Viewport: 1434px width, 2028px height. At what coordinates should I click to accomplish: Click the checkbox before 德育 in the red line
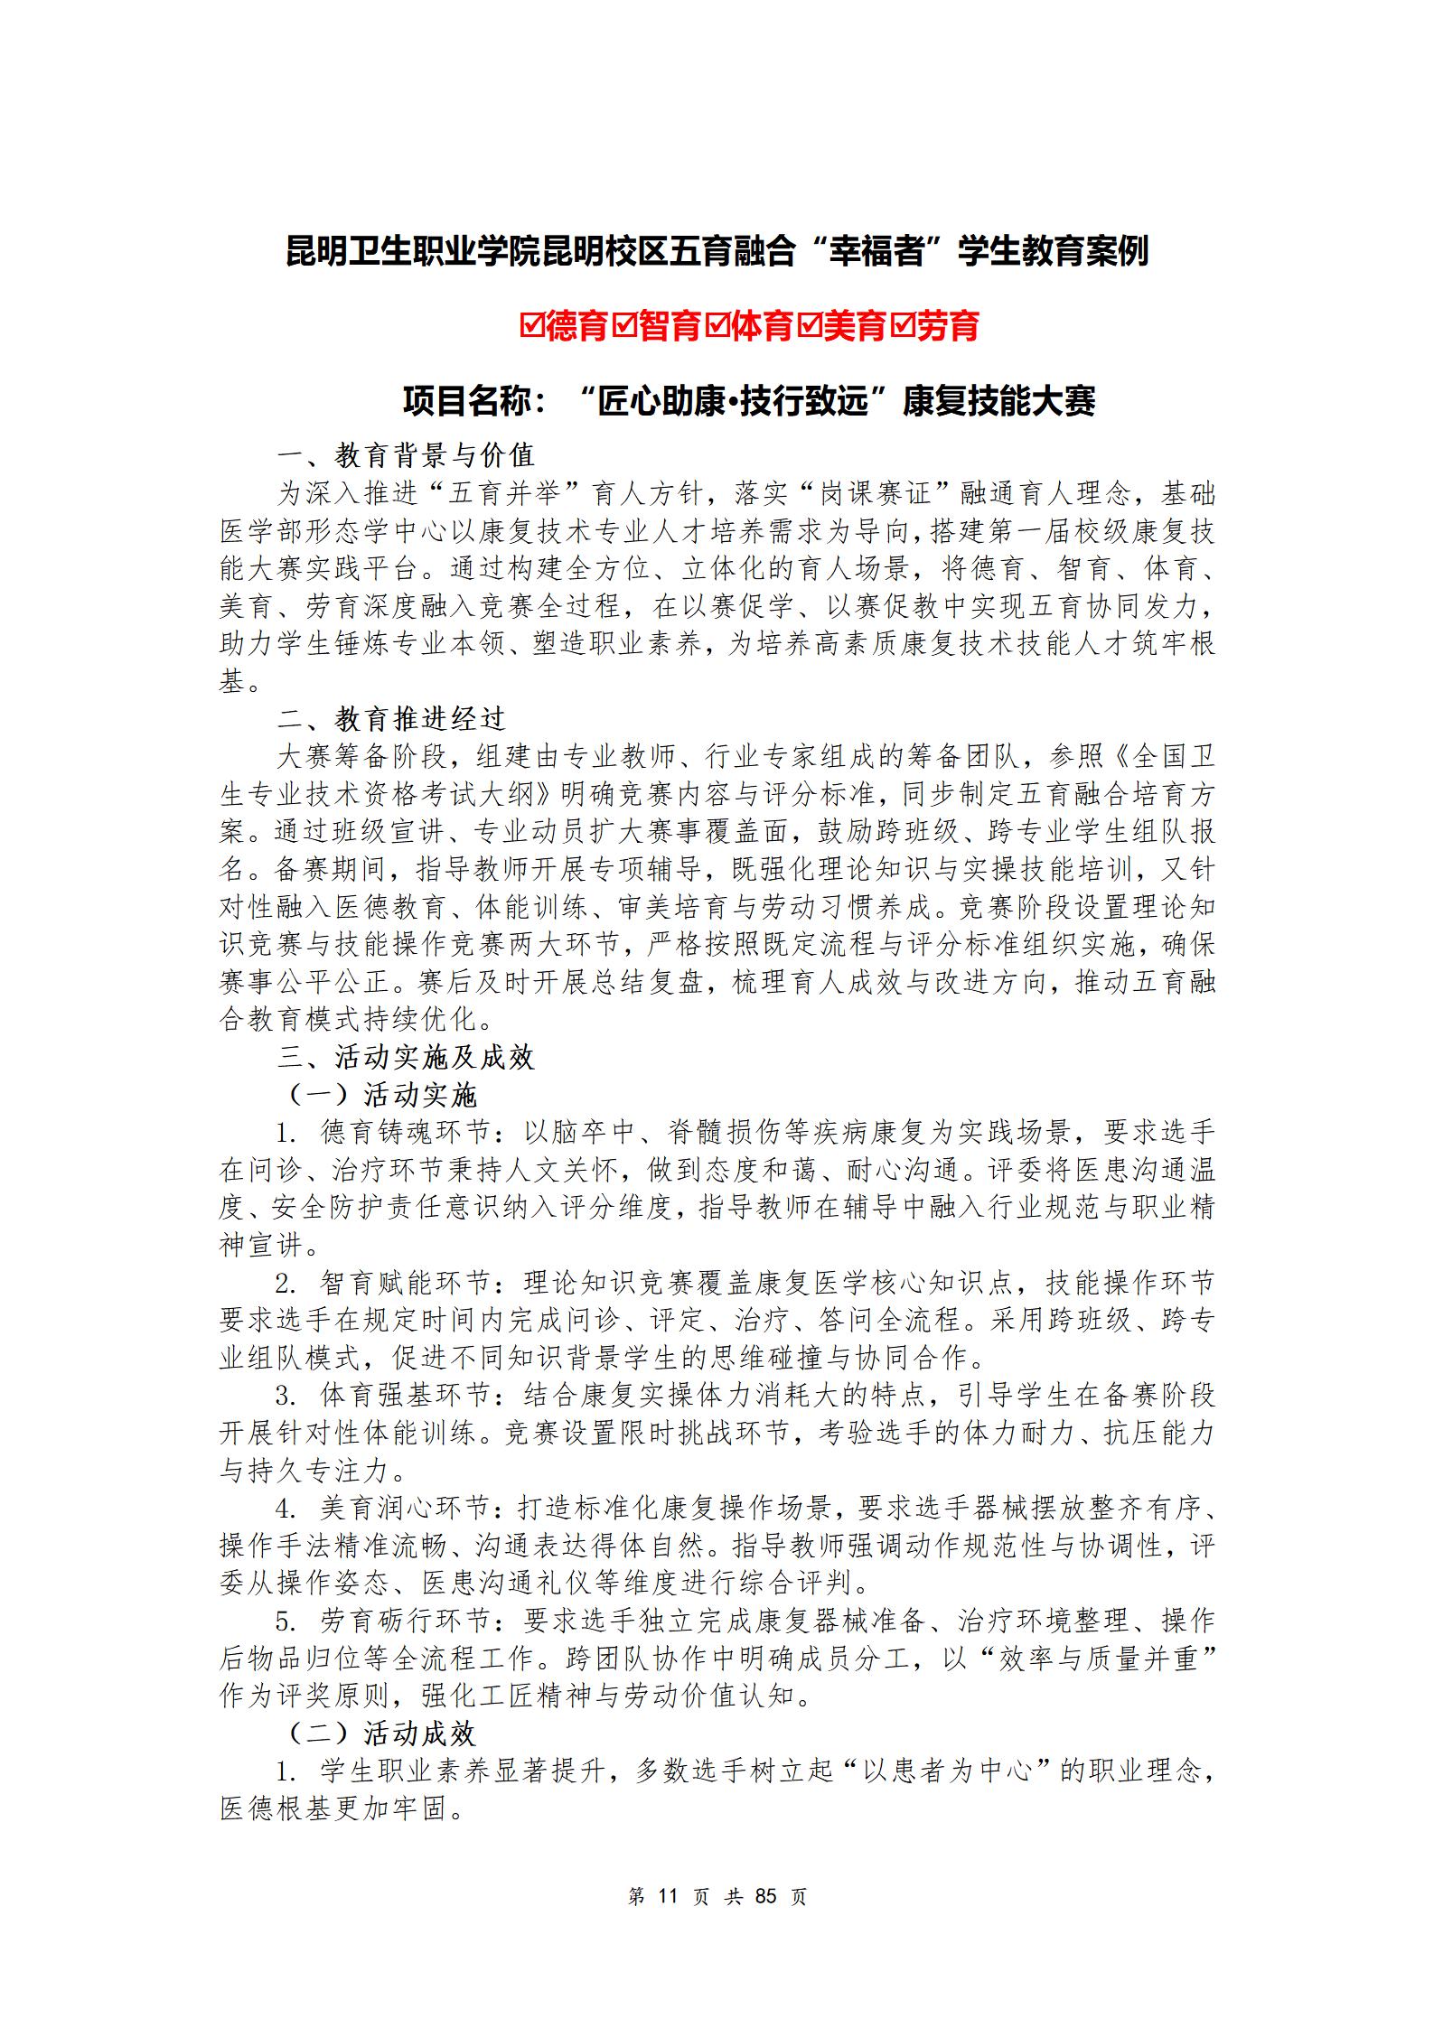coord(531,326)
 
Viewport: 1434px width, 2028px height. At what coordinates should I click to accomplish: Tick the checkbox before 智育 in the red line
coord(624,326)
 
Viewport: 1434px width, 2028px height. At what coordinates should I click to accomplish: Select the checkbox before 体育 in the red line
coord(718,326)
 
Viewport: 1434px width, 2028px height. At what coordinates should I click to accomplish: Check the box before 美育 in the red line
coord(811,326)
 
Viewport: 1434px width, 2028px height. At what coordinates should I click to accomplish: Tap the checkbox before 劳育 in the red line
coord(903,326)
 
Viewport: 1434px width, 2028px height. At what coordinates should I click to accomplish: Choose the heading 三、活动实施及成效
coord(406,1058)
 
